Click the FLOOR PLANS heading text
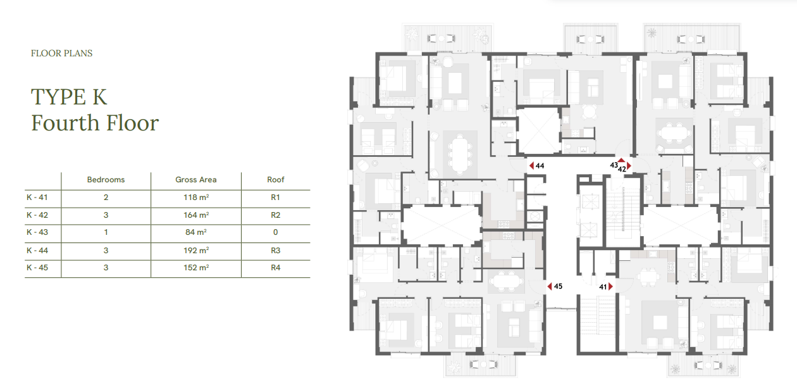tap(61, 53)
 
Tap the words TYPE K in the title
tap(69, 97)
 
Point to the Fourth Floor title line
tap(95, 123)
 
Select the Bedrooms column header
tap(106, 180)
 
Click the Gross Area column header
tap(195, 180)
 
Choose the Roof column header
tap(275, 180)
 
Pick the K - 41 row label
tap(37, 197)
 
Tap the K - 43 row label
tap(37, 232)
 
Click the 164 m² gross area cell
tap(196, 215)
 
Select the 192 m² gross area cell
tap(196, 250)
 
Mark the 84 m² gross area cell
tap(195, 232)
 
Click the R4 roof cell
tap(275, 268)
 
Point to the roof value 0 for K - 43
tap(275, 232)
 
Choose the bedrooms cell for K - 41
tap(106, 197)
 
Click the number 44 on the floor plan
tap(540, 166)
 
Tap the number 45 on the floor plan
tap(558, 286)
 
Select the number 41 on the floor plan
tap(603, 287)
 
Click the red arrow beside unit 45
tap(549, 286)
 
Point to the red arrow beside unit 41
tap(610, 287)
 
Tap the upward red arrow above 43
tap(621, 160)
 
